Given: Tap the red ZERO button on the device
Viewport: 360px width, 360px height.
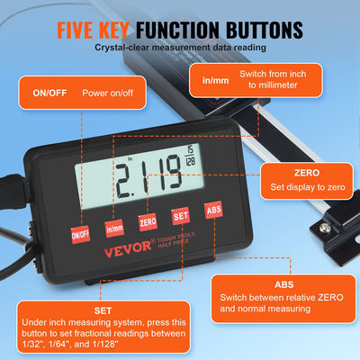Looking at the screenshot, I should (148, 220).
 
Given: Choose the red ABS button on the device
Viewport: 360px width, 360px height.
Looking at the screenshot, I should (214, 209).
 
